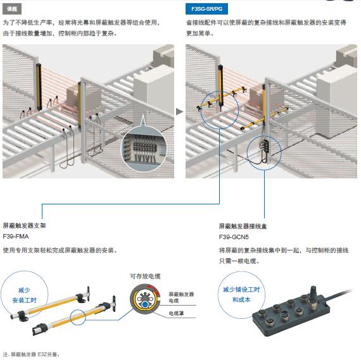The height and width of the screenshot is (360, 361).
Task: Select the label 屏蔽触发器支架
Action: [24, 225]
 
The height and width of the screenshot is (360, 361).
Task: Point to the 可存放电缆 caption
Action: [145, 276]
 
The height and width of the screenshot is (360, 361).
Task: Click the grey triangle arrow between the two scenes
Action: [179, 111]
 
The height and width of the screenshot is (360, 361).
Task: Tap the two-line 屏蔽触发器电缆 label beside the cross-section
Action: [182, 297]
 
